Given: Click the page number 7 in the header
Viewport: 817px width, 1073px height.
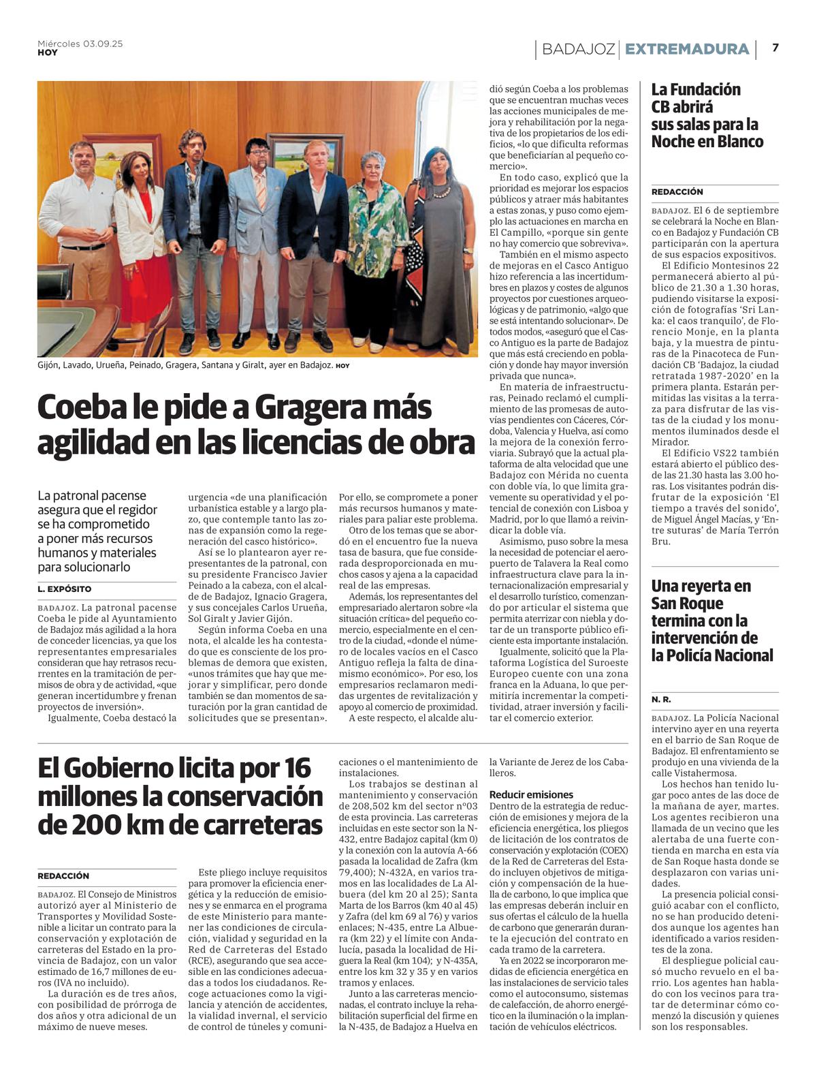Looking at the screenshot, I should point(775,48).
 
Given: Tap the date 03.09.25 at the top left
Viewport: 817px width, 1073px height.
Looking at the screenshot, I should point(103,44).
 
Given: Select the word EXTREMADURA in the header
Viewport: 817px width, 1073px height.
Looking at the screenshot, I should point(686,49).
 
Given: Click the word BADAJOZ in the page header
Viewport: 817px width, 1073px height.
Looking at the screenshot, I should point(578,49).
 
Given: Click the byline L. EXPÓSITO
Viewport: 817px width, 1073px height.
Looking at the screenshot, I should point(64,589).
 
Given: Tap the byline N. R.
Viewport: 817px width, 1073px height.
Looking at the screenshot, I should point(660,700).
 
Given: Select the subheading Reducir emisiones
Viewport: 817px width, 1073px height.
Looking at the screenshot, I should point(531,794).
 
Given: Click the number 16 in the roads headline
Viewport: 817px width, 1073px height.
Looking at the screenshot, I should point(297,768).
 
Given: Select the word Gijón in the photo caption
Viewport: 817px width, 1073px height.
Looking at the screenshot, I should point(49,366).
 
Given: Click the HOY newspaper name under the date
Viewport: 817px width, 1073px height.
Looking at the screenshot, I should point(47,52).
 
